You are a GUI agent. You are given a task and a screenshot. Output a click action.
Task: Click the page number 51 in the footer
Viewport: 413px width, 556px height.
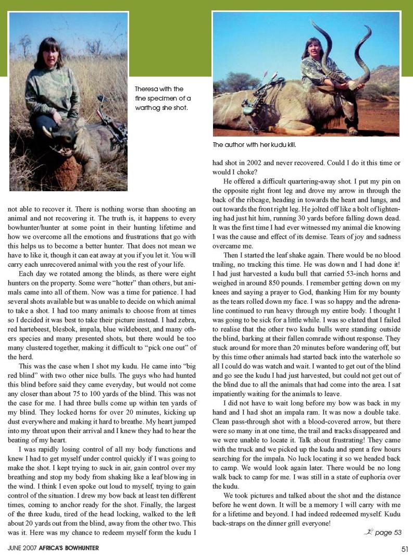click(x=404, y=548)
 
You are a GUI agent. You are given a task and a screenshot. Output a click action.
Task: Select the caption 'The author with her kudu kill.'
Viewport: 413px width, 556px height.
click(x=257, y=144)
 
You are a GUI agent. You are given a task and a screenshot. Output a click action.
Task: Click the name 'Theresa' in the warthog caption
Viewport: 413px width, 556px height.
click(x=146, y=89)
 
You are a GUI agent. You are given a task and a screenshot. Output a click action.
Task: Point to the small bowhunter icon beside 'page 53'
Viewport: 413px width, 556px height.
click(x=369, y=532)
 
